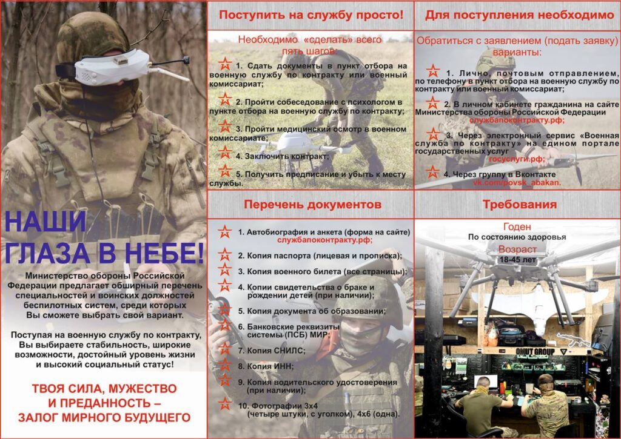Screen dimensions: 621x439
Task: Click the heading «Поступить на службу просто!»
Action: (x=311, y=15)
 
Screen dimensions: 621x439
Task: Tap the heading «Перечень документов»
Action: (x=312, y=205)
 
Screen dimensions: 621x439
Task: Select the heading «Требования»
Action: (x=520, y=205)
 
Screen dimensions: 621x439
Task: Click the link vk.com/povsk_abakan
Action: (x=517, y=182)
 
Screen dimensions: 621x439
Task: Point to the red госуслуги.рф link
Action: (x=517, y=159)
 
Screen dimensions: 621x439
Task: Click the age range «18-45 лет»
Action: (x=517, y=260)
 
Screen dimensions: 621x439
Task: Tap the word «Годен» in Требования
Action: (x=517, y=226)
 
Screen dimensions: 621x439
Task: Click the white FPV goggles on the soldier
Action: (x=113, y=67)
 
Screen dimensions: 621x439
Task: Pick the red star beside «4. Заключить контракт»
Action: (x=225, y=152)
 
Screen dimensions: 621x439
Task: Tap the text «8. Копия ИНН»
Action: (x=266, y=366)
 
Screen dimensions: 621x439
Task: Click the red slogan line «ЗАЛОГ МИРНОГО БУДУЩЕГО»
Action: (x=104, y=417)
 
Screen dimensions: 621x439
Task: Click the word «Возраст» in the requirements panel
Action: (x=517, y=249)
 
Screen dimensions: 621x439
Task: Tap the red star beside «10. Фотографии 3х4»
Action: (x=225, y=404)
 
